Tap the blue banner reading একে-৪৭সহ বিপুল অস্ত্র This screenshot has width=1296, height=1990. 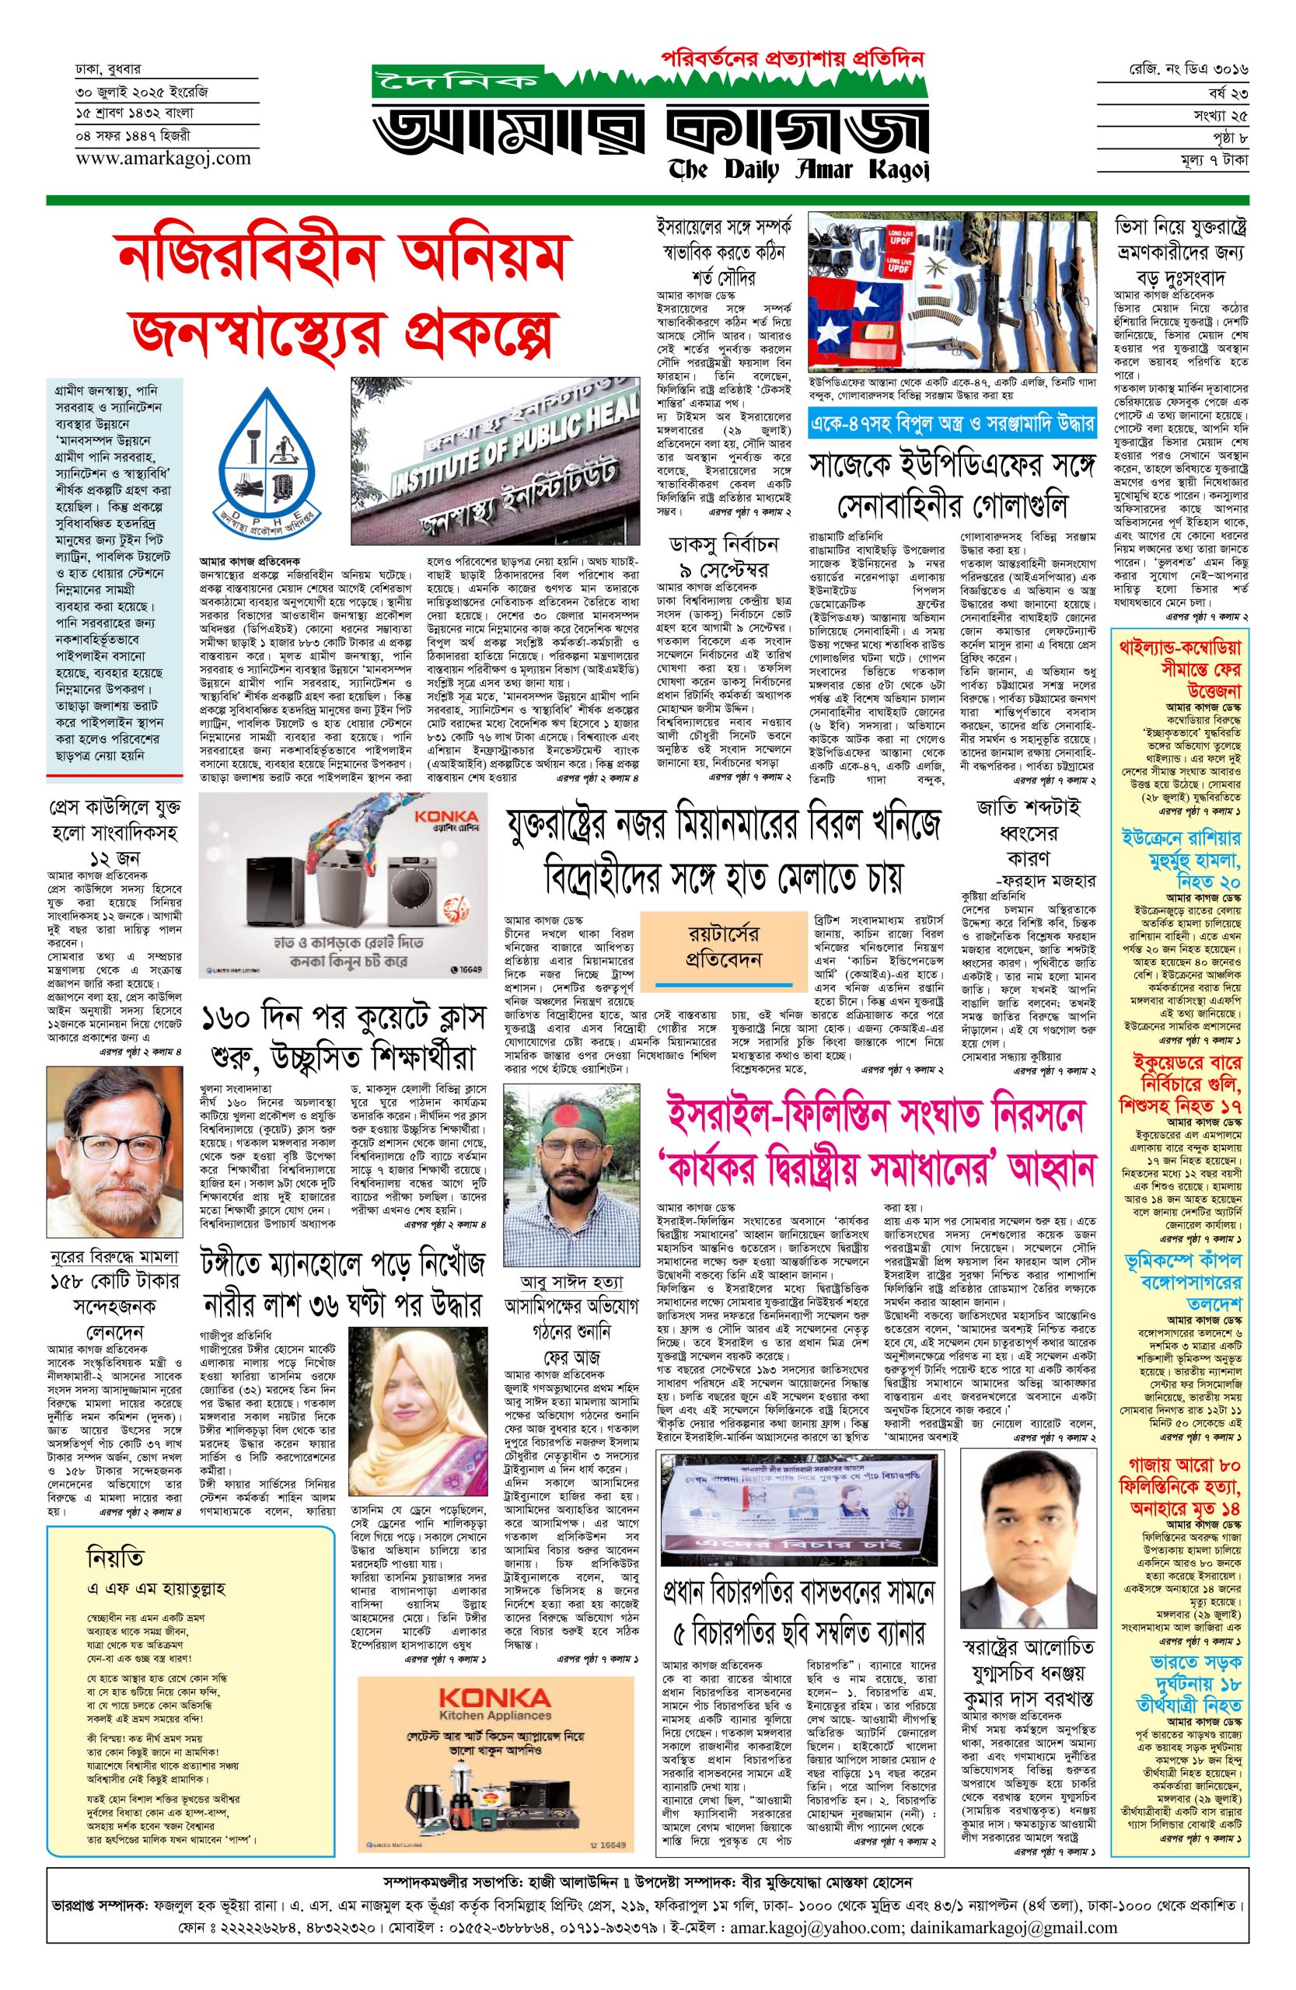click(952, 424)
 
